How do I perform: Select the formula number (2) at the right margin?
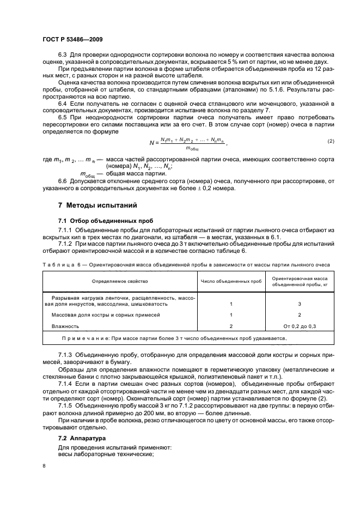331,141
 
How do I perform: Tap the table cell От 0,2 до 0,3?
300,326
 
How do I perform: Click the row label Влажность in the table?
65,326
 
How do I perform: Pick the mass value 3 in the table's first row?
300,304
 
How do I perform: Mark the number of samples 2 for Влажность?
231,326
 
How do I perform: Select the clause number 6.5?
63,118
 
